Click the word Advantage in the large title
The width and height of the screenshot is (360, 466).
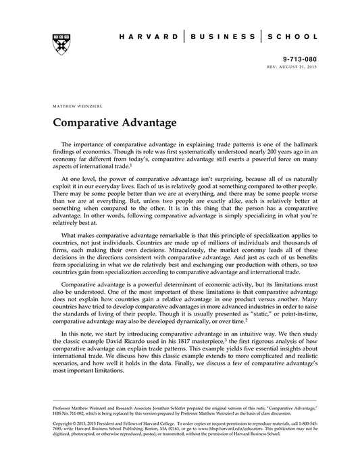148,124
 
